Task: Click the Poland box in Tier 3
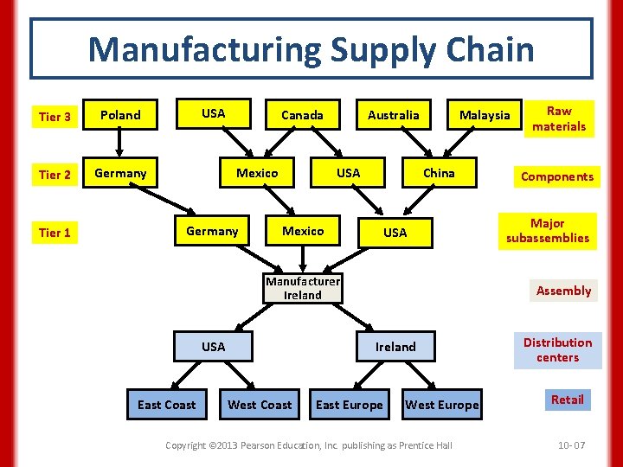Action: click(120, 115)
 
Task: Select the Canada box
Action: click(302, 115)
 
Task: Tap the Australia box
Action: click(393, 115)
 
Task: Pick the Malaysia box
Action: click(485, 115)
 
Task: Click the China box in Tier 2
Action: click(439, 173)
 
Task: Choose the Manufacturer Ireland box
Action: click(303, 288)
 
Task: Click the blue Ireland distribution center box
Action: click(395, 347)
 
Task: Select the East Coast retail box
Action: click(167, 405)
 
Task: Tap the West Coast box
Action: click(260, 405)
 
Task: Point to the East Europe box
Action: click(350, 405)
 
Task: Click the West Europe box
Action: click(441, 405)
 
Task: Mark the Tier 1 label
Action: click(55, 232)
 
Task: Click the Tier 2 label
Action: click(55, 175)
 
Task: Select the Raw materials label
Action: click(559, 118)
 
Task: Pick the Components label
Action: click(557, 176)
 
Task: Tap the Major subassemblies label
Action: click(548, 231)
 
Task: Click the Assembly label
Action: click(563, 291)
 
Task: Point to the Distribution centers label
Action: click(557, 349)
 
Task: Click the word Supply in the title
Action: click(382, 49)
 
